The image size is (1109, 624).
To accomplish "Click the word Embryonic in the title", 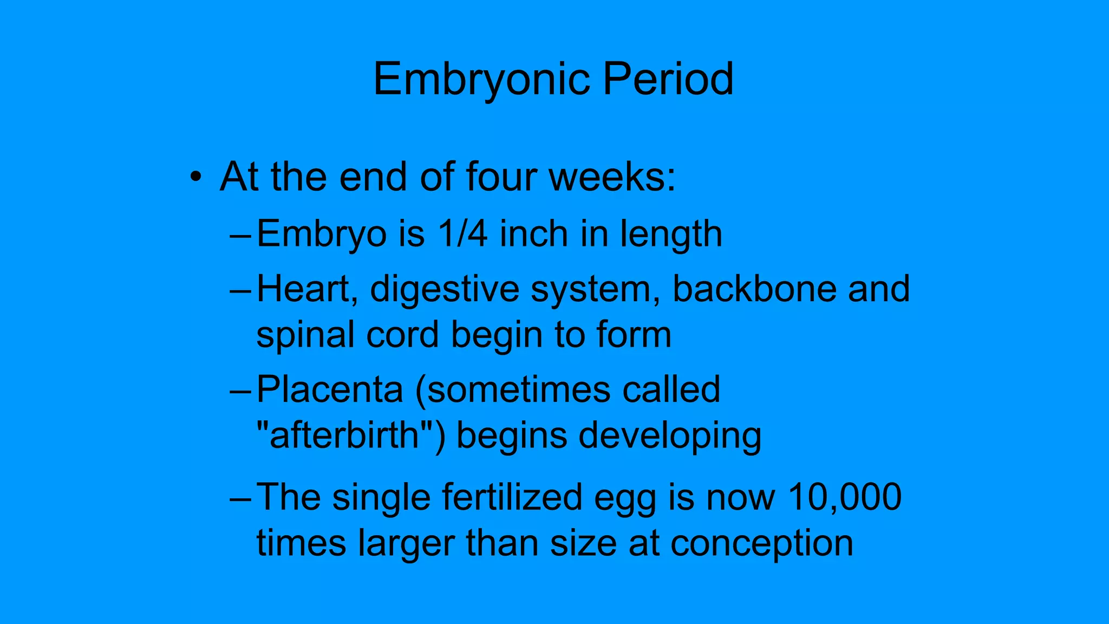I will pyautogui.click(x=481, y=80).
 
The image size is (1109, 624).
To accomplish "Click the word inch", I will pyautogui.click(x=533, y=234).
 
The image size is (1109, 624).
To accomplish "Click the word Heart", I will pyautogui.click(x=306, y=289).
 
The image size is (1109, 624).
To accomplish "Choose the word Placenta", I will pyautogui.click(x=330, y=389).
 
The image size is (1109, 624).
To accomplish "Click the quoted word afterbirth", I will pyautogui.click(x=344, y=435).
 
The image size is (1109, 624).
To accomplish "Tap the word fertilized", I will pyautogui.click(x=512, y=497).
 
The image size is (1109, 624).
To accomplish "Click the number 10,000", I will pyautogui.click(x=845, y=497).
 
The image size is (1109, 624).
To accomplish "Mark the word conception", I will pyautogui.click(x=762, y=544).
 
